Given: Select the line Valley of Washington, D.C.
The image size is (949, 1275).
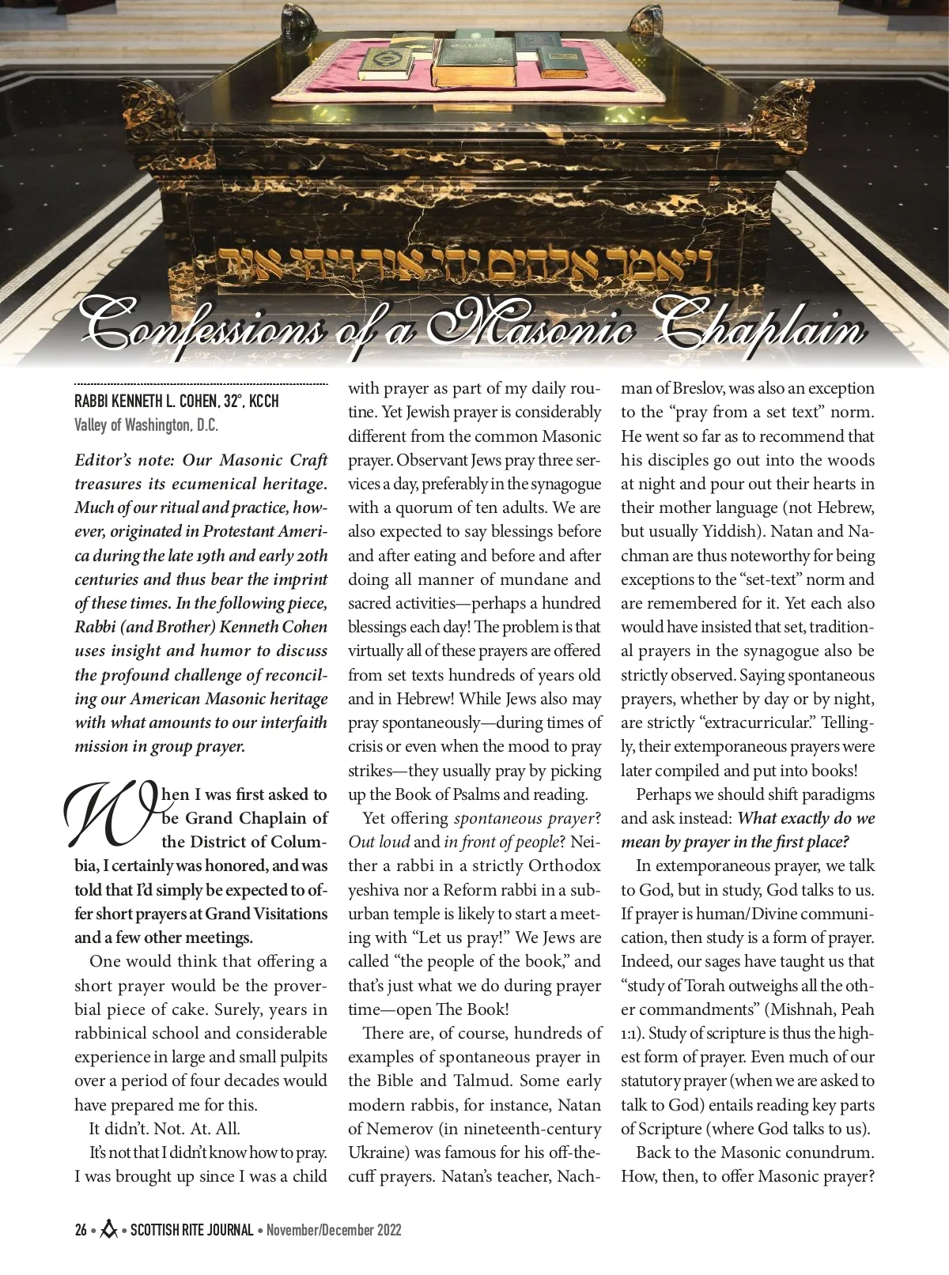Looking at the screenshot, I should [146, 425].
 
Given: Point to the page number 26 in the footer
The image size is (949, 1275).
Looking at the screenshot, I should [81, 1230].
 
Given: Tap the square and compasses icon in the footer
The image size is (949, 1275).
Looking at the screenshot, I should [109, 1229].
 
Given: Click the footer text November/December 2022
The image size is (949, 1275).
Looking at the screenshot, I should [334, 1230].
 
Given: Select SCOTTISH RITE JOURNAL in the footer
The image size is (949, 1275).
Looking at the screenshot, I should [191, 1230].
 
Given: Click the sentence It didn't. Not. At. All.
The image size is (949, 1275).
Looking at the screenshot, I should [164, 1129].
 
